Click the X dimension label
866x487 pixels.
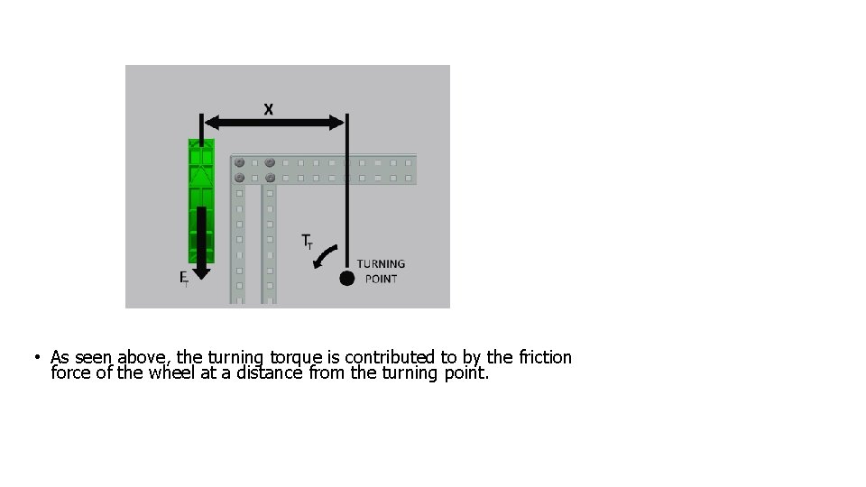pyautogui.click(x=268, y=109)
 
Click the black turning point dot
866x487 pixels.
pyautogui.click(x=346, y=278)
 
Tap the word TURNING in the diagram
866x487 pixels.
pyautogui.click(x=381, y=264)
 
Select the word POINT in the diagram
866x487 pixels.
pyautogui.click(x=381, y=279)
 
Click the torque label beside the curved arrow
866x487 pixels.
pyautogui.click(x=307, y=242)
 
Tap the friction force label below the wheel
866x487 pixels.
pyautogui.click(x=183, y=278)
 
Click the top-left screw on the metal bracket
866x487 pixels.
pyautogui.click(x=240, y=163)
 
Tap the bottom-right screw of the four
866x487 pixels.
pyautogui.click(x=270, y=177)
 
